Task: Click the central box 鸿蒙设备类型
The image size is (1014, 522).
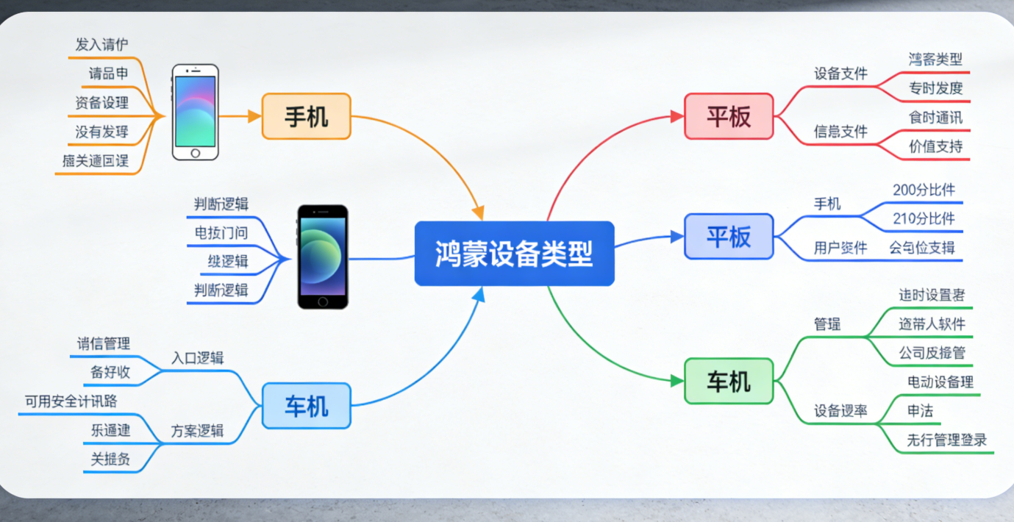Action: [514, 254]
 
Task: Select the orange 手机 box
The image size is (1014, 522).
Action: [306, 116]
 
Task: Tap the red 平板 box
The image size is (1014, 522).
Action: [729, 116]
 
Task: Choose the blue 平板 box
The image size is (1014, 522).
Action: [729, 237]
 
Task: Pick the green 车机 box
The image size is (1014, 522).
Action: [729, 381]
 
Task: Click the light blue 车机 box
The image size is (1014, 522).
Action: [306, 406]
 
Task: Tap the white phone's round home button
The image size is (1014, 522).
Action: [196, 153]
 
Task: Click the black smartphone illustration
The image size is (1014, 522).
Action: [322, 257]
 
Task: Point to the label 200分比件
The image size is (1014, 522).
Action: [924, 190]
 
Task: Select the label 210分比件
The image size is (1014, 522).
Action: [924, 218]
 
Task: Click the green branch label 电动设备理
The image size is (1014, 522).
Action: [940, 382]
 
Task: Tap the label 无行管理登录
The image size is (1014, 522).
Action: [946, 440]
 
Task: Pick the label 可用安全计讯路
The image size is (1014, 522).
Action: [71, 401]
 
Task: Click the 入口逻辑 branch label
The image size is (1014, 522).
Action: [197, 358]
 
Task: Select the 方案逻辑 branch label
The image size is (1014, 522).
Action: [197, 431]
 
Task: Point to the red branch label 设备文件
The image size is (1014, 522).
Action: [840, 74]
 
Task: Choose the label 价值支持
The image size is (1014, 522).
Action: [935, 146]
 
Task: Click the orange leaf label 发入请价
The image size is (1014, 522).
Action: [101, 45]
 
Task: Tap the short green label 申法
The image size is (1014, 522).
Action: [920, 411]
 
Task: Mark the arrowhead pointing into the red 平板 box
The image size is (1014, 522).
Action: [678, 116]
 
